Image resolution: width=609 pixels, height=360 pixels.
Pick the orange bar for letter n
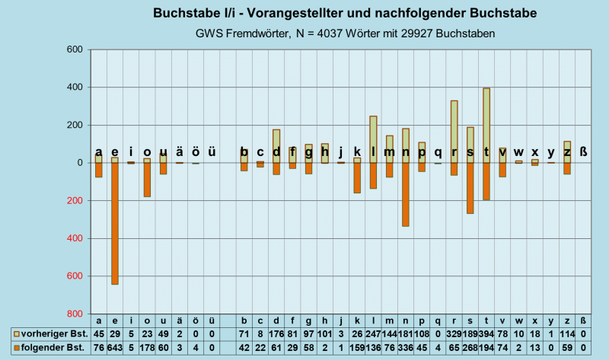406,194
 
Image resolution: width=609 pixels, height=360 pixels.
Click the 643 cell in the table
115,348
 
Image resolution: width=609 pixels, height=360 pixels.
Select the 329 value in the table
454,334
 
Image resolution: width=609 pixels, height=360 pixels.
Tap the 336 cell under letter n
406,348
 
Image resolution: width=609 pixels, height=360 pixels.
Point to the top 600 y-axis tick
74,50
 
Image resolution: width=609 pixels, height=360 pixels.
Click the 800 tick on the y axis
74,314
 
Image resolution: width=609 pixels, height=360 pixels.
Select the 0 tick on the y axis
78,163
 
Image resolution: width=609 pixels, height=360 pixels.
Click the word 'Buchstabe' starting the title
186,14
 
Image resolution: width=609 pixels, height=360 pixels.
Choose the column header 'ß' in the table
583,320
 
